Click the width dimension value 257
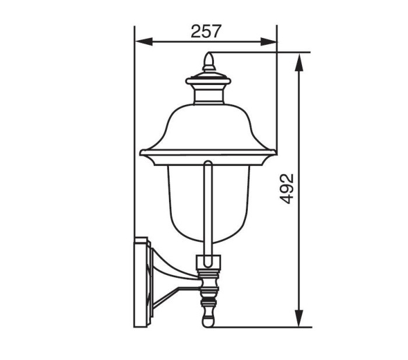pyautogui.click(x=206, y=31)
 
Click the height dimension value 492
pyautogui.click(x=287, y=188)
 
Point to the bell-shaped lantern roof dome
pyautogui.click(x=208, y=125)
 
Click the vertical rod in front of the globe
pyautogui.click(x=208, y=204)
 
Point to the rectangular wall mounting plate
pyautogui.click(x=141, y=283)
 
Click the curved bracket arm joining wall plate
pyautogui.click(x=172, y=280)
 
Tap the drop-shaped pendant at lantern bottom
pyautogui.click(x=209, y=318)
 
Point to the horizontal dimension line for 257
pyautogui.click(x=175, y=41)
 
